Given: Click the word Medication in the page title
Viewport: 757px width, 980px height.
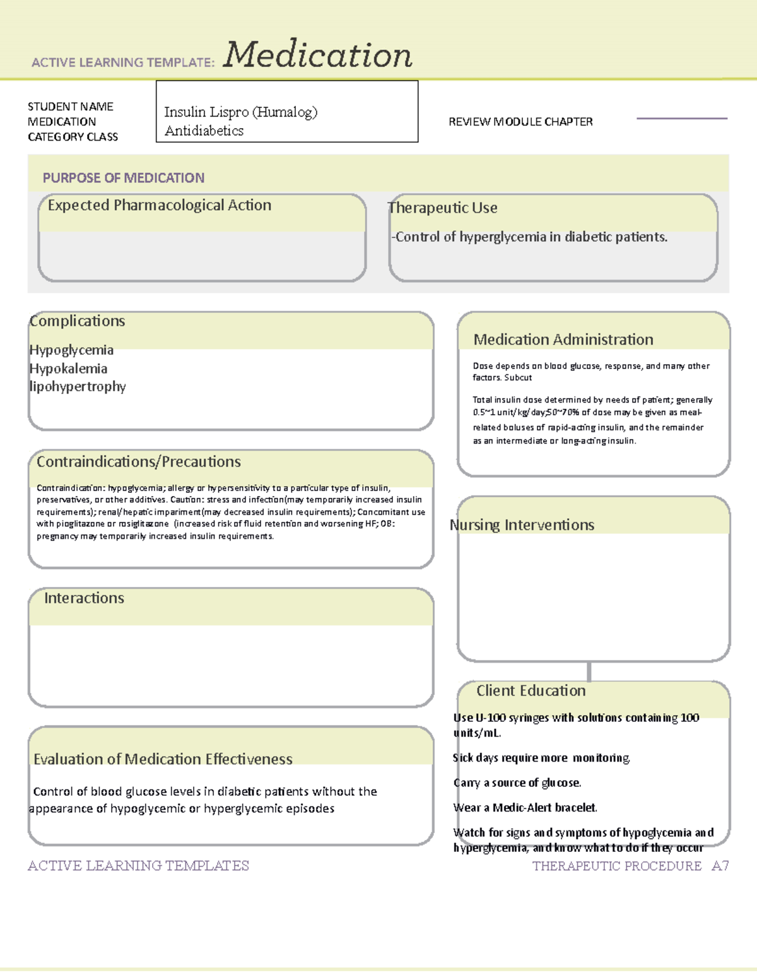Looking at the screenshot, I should coord(317,55).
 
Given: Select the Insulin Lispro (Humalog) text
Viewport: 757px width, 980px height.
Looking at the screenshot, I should coord(240,112).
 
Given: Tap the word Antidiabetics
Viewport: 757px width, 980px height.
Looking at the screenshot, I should coord(204,131).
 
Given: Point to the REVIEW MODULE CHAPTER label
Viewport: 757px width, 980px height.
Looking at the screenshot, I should coord(520,122).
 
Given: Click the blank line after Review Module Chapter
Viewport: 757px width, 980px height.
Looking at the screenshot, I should coord(681,118).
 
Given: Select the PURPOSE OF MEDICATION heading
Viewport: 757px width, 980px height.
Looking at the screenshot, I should coord(124,178).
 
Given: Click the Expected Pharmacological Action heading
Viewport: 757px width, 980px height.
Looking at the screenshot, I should coord(160,205).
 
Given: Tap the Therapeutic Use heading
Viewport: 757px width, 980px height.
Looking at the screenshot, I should coord(443,208).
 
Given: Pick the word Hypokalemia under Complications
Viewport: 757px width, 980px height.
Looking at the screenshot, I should coord(68,369).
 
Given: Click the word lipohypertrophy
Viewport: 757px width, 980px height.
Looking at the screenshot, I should coord(78,386).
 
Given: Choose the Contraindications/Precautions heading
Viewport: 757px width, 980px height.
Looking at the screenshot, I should coord(139,462).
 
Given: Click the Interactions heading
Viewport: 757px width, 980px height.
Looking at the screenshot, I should coord(84,598).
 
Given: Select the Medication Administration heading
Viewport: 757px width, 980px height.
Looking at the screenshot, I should coord(563,339).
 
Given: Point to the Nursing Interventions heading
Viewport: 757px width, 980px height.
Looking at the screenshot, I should coord(522,525).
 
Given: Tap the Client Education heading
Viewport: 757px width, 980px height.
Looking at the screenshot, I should coord(531,691).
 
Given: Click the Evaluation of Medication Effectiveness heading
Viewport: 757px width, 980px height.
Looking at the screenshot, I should coord(163,759).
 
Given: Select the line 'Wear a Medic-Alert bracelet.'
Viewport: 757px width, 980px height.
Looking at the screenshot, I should coord(525,808).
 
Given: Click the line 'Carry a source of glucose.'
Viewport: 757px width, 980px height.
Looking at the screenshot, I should coord(517,783).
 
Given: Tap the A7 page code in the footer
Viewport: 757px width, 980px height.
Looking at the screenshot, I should coord(720,866).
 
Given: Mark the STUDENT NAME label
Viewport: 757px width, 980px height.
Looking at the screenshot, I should coord(71,107).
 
